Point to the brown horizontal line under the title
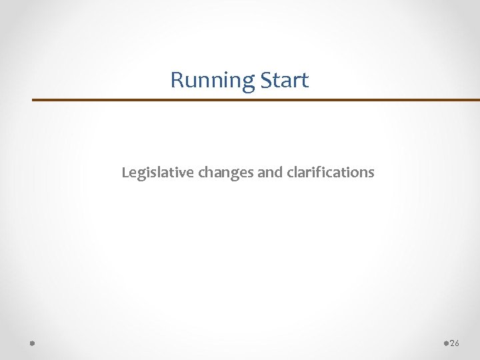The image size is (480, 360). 256,100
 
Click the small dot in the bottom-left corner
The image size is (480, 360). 32,343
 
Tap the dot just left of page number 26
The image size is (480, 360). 446,343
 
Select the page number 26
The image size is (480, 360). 455,343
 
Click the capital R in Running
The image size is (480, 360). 177,81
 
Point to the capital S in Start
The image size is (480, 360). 265,81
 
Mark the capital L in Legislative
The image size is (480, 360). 125,173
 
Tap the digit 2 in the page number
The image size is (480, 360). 453,343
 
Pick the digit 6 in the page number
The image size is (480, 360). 457,343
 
